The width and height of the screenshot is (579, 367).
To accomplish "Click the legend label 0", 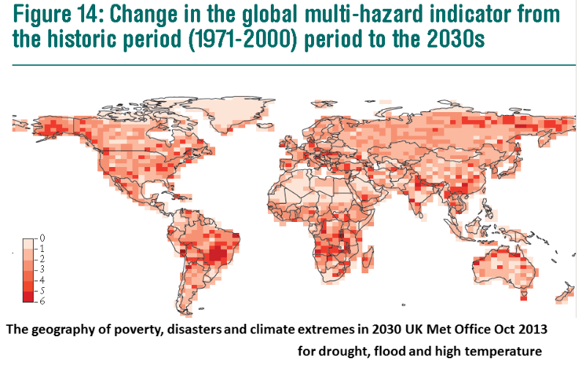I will point(43,239).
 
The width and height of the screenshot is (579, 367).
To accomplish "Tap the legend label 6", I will point(43,301).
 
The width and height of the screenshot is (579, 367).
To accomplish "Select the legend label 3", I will point(43,270).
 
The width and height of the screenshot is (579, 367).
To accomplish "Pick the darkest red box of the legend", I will point(29,296).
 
